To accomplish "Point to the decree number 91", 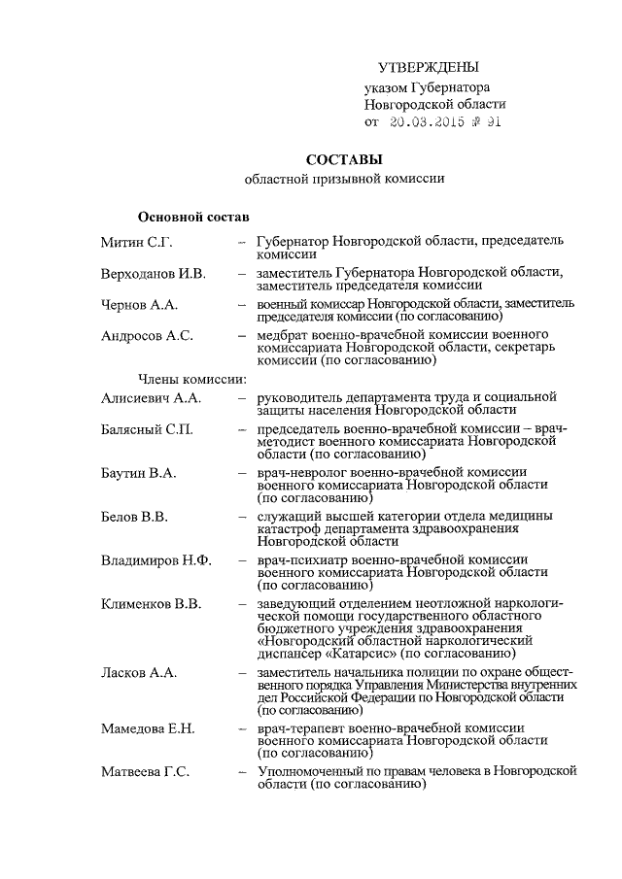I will point(493,122).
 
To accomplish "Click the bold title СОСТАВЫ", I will point(344,159).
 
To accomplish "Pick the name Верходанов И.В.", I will point(154,274).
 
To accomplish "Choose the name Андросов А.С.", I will point(147,336).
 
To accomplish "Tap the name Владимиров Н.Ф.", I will point(156,561).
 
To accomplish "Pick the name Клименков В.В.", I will point(152,604).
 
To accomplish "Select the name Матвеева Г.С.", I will point(145,771).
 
